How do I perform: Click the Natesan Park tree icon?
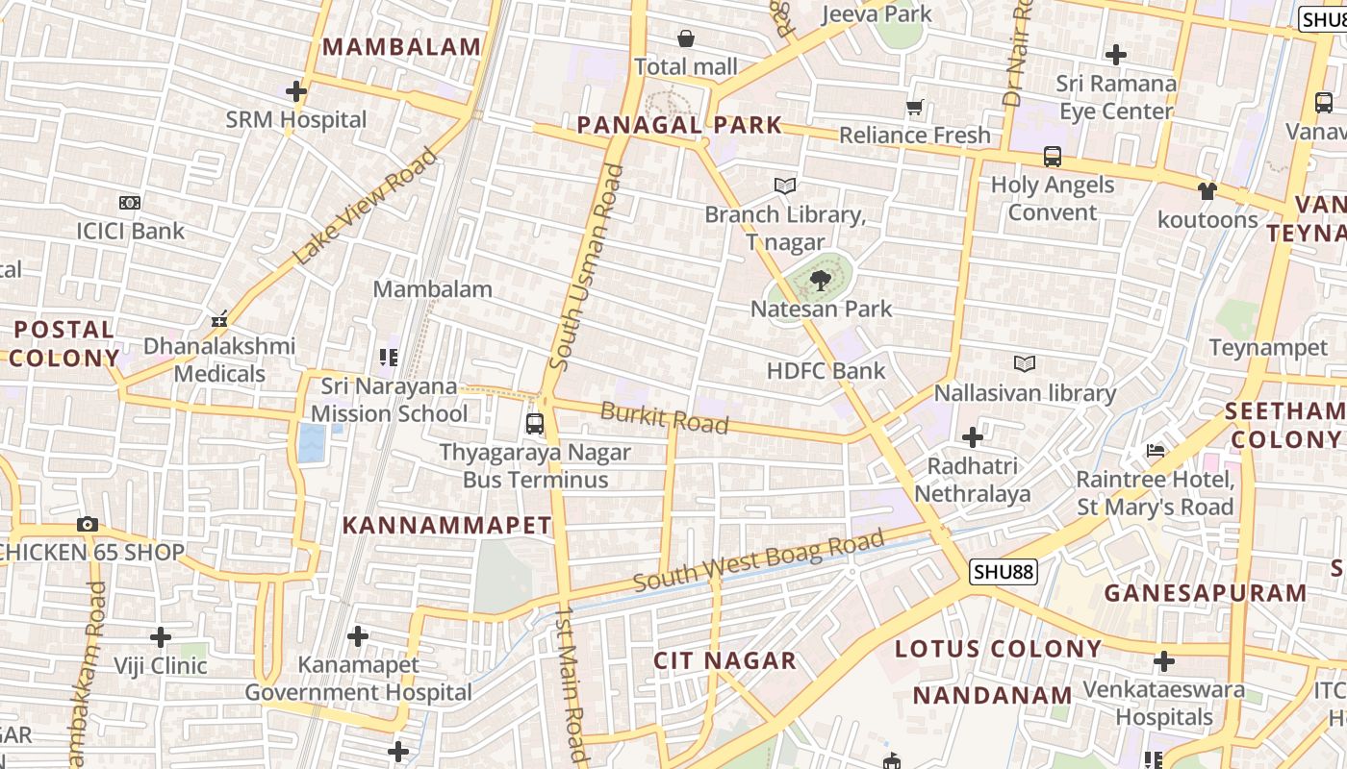click(821, 281)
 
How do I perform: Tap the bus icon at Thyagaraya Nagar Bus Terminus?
click(535, 423)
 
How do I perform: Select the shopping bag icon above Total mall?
click(686, 38)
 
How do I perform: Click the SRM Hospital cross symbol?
click(296, 91)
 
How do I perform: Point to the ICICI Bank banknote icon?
click(130, 203)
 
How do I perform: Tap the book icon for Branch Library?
click(785, 186)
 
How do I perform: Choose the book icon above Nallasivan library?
click(1025, 364)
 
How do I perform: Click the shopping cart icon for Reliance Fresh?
click(914, 108)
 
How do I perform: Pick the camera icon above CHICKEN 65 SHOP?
click(88, 524)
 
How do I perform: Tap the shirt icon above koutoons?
click(1207, 191)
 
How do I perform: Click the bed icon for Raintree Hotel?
click(1156, 450)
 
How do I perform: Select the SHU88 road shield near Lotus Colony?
click(1003, 572)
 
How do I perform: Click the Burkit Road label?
click(664, 418)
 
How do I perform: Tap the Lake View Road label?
click(365, 208)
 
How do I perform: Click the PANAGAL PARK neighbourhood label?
click(679, 125)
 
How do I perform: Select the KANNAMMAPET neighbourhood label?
click(447, 525)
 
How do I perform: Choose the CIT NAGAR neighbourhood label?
click(724, 660)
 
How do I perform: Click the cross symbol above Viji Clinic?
click(161, 637)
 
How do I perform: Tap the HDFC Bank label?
click(826, 370)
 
